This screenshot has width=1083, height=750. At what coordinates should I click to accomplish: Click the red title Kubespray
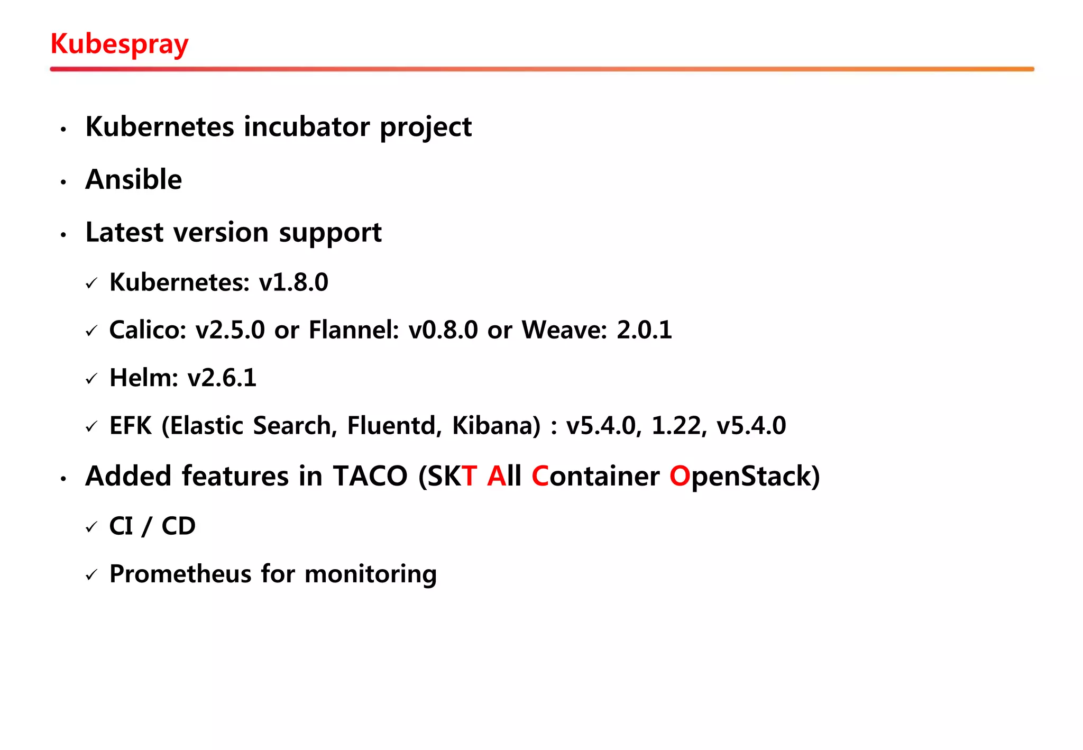tap(119, 44)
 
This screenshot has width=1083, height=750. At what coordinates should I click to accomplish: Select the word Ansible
tap(134, 179)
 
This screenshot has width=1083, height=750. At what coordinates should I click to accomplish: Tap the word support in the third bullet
tap(330, 233)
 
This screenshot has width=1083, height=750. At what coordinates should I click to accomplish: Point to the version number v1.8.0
tap(293, 282)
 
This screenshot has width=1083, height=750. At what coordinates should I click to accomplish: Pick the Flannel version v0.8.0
tap(443, 330)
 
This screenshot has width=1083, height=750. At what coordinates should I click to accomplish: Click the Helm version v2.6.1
tap(222, 378)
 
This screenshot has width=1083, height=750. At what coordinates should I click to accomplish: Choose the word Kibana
tap(496, 425)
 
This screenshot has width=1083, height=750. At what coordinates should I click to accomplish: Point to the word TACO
tap(370, 476)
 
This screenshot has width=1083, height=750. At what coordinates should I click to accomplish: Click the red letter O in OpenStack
tap(680, 476)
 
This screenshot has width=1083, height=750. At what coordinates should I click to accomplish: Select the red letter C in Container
tap(540, 476)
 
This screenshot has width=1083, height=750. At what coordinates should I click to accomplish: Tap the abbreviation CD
tap(179, 526)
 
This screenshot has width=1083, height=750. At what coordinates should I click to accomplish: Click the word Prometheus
tap(180, 574)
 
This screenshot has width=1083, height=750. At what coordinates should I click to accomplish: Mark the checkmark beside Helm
tap(91, 379)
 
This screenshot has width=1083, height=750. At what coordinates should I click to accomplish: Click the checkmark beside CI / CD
tap(91, 527)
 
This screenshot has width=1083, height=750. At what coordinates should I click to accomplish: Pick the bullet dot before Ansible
tap(63, 182)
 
